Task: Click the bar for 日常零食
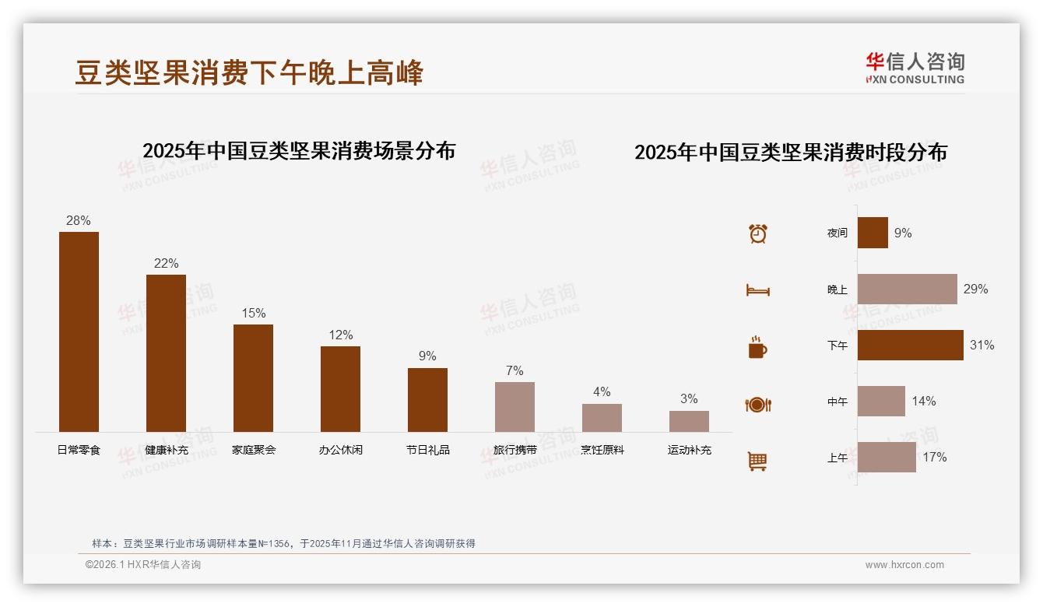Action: tap(79, 332)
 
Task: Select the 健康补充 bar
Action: tap(166, 353)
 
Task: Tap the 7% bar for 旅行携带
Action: tap(514, 407)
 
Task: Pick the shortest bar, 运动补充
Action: tap(689, 421)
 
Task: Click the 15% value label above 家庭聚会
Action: tap(253, 313)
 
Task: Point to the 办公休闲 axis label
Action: tap(340, 450)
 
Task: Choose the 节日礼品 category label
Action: tap(427, 450)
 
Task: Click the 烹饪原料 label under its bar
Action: tap(602, 450)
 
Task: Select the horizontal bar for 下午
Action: tap(910, 345)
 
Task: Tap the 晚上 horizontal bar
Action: tap(907, 289)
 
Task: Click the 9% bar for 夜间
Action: tap(873, 233)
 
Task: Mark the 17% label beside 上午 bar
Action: tap(934, 458)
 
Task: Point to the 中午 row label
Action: tap(837, 402)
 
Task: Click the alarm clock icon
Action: tap(757, 233)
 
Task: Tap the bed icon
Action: tap(757, 290)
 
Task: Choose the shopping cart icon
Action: tap(757, 461)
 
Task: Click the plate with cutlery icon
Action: tap(757, 404)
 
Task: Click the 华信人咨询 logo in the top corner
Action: tap(915, 68)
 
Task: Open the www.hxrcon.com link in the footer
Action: tap(904, 565)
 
